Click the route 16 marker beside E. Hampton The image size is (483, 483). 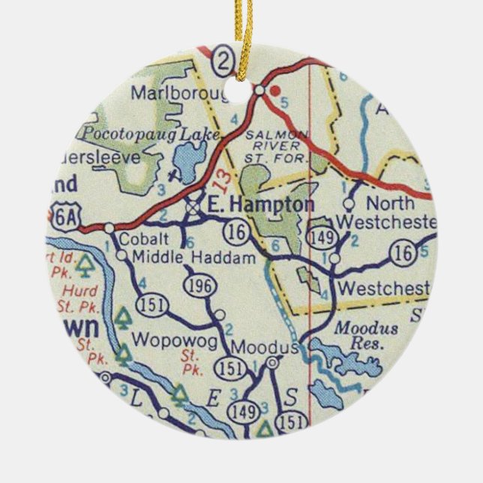(x=238, y=233)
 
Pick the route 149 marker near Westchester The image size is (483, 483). (x=318, y=238)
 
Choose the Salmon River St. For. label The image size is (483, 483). (x=277, y=145)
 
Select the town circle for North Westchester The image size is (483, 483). (x=349, y=203)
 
